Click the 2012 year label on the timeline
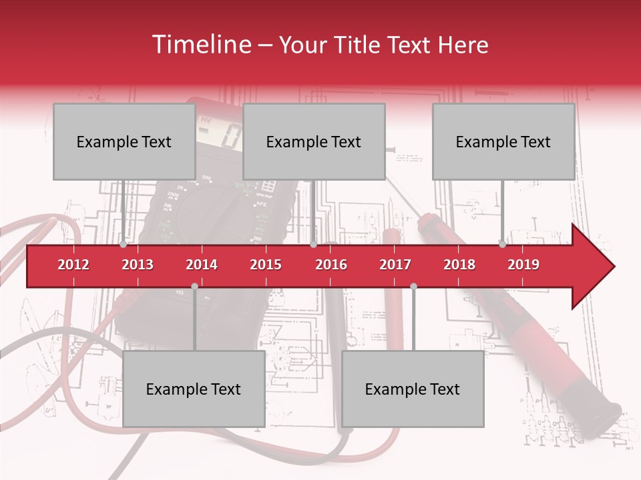[x=73, y=265]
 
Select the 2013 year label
[x=138, y=265]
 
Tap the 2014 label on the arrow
[x=202, y=265]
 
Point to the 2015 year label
[x=266, y=265]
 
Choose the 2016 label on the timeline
[x=331, y=265]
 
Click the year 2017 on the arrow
[x=395, y=265]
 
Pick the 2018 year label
[x=459, y=265]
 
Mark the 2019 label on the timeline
[x=523, y=265]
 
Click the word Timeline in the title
[x=200, y=45]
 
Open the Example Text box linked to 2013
[x=124, y=141]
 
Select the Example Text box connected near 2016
[x=314, y=141]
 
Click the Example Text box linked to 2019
[x=503, y=141]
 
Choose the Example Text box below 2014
[x=194, y=389]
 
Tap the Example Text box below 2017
[x=413, y=389]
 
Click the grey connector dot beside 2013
[x=124, y=244]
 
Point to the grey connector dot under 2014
[x=194, y=286]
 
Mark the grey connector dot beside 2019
[x=502, y=244]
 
